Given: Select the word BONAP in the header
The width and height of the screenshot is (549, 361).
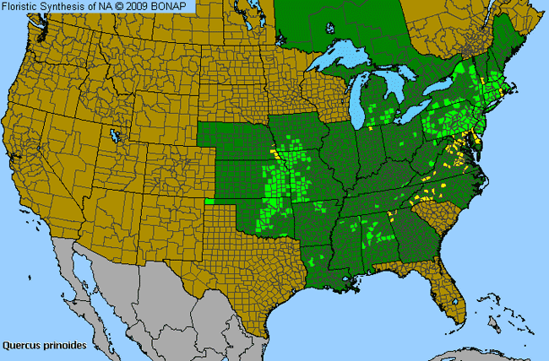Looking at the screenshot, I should pos(174,7).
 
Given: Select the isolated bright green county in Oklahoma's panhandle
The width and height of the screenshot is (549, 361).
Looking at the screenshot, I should pos(209,202).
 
